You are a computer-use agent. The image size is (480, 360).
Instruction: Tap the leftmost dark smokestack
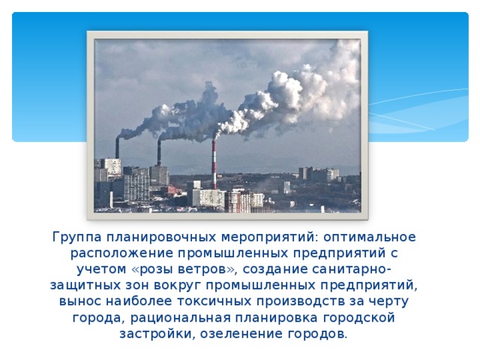(x=117, y=148)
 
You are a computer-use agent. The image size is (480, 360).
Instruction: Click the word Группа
(x=74, y=237)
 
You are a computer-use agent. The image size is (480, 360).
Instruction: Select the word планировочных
(x=151, y=237)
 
